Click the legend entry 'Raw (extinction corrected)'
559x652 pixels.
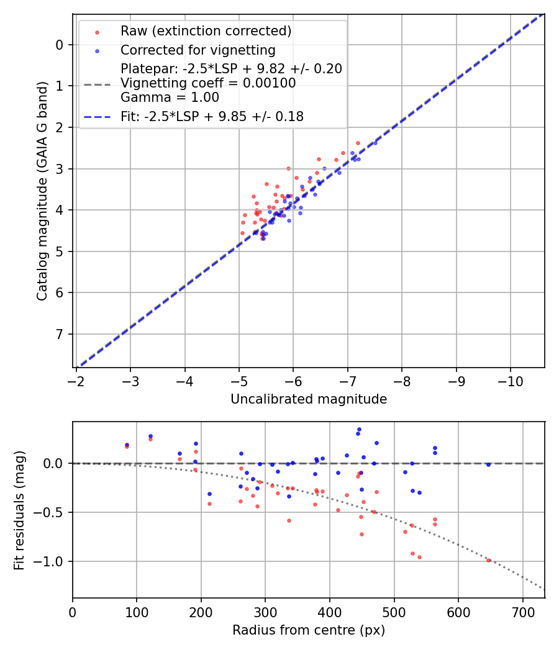206,31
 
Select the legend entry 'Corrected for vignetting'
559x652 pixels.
198,50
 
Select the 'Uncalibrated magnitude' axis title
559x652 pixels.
309,399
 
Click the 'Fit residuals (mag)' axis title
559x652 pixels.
19,510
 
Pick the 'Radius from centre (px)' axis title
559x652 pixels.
309,630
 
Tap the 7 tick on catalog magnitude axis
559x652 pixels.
59,335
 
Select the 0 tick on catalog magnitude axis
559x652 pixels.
59,45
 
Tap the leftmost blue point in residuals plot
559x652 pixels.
127,445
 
